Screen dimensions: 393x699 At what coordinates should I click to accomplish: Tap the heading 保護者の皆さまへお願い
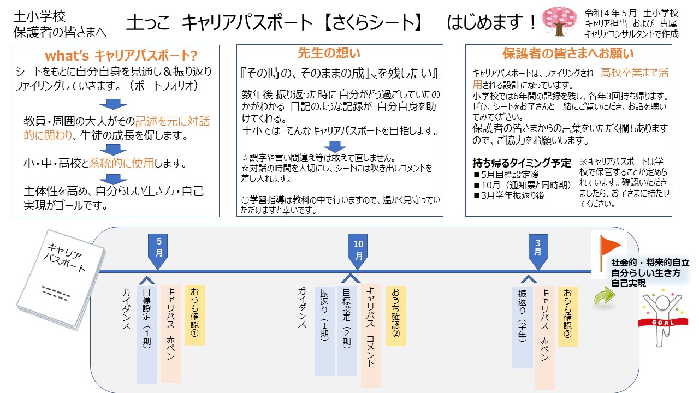568,54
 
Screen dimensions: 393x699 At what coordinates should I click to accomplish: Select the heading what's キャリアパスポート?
121,56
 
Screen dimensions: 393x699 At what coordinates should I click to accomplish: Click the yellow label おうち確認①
195,314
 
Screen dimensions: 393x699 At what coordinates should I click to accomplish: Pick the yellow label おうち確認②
396,315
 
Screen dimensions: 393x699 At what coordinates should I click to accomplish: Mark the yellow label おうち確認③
568,315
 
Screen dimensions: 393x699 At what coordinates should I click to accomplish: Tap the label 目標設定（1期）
147,334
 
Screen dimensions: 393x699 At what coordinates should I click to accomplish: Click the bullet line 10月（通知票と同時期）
522,184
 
